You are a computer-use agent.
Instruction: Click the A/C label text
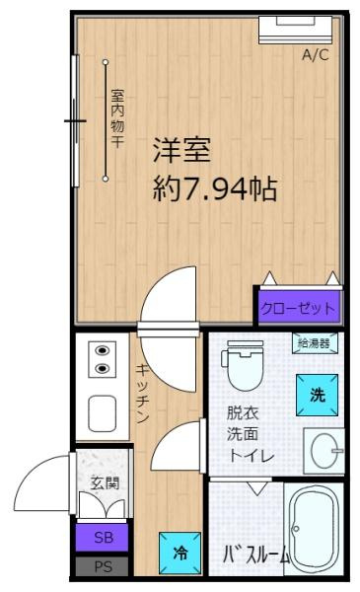[315, 55]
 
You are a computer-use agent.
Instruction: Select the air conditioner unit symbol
[296, 30]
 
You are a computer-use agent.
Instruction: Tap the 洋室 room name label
[181, 150]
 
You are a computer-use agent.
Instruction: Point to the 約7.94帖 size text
[215, 188]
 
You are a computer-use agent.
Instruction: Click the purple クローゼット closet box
[299, 308]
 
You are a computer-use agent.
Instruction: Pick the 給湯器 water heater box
[315, 343]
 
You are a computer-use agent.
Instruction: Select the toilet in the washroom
[245, 365]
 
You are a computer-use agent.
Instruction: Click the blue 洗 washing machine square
[317, 395]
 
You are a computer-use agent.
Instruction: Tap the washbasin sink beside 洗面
[324, 451]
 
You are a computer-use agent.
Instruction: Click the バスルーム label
[256, 555]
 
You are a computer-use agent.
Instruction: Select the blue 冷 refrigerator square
[180, 554]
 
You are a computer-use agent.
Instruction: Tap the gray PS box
[103, 566]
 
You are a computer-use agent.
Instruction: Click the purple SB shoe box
[103, 538]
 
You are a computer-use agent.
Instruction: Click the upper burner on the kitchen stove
[103, 350]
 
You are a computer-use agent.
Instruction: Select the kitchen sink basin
[102, 413]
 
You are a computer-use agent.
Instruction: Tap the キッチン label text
[143, 394]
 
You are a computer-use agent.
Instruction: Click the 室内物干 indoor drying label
[117, 118]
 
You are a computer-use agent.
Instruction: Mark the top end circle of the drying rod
[106, 62]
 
